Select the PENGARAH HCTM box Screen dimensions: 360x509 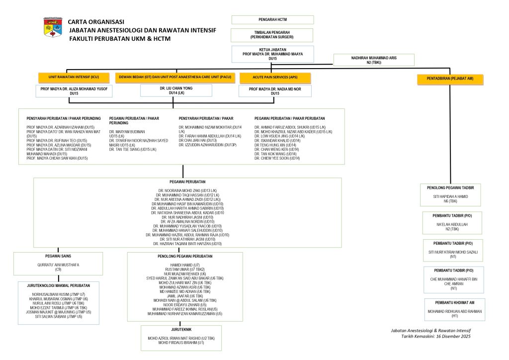tap(272, 20)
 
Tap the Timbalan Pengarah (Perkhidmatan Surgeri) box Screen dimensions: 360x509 tap(272, 35)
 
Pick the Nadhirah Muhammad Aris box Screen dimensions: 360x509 tap(373, 60)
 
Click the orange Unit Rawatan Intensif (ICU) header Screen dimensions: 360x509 tap(74, 78)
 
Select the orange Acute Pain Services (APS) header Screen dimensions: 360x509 tap(275, 78)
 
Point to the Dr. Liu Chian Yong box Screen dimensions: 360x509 tap(173, 90)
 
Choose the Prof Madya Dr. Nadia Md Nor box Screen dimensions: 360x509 tap(275, 90)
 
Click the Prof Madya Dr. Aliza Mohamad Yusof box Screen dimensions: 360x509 tap(74, 90)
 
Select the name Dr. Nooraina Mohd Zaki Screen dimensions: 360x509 tap(187, 191)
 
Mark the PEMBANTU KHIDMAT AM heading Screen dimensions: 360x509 tap(454, 302)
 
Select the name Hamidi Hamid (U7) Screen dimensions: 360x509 tap(185, 265)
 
